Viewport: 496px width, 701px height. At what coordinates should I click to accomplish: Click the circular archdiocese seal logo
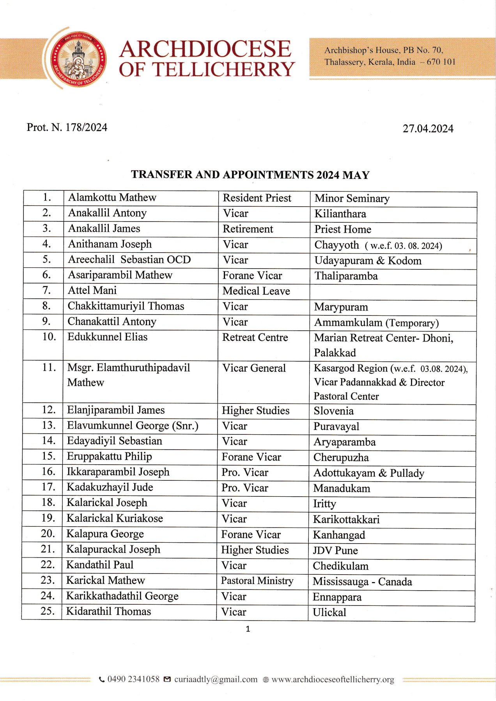(79, 58)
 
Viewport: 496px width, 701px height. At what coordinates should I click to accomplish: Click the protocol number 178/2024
(67, 127)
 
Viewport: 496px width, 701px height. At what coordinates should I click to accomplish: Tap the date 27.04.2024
(428, 129)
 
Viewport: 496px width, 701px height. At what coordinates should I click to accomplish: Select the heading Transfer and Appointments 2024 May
(250, 175)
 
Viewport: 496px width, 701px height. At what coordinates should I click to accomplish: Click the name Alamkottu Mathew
(112, 198)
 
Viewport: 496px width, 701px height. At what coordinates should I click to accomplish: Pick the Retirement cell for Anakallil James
(248, 229)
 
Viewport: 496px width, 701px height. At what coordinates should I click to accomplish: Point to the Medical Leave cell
(256, 291)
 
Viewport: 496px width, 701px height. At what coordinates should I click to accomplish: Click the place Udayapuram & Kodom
(368, 260)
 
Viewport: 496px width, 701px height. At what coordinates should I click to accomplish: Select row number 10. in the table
(49, 337)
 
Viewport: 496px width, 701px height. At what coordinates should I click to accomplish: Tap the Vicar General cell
(254, 368)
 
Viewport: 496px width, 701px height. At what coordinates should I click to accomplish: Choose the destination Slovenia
(333, 411)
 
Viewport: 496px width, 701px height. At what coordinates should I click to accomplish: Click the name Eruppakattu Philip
(109, 456)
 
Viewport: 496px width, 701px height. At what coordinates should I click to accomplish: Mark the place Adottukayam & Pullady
(368, 473)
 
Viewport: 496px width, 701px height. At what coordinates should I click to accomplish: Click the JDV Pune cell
(335, 551)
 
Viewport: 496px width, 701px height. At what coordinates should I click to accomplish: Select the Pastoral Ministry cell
(257, 581)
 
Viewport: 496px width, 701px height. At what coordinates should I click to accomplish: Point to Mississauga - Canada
(362, 582)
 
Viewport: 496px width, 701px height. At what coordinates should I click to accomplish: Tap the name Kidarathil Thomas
(108, 611)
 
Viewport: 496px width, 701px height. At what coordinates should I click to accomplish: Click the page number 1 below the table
(248, 629)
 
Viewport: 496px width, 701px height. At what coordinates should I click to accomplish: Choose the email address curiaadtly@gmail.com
(216, 680)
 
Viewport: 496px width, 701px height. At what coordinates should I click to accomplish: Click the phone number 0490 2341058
(133, 679)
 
